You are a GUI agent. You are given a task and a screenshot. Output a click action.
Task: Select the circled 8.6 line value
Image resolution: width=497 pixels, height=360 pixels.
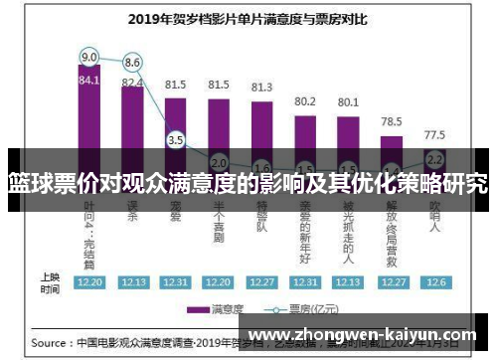[x=132, y=63]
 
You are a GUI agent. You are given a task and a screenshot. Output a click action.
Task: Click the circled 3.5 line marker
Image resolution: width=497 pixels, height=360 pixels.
[x=176, y=140]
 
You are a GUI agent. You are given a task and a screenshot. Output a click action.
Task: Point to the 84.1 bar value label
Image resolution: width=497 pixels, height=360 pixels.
[x=89, y=81]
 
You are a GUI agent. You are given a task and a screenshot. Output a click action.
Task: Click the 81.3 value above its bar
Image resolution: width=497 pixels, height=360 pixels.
[x=261, y=88]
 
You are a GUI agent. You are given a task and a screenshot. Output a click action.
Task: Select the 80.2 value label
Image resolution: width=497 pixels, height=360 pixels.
[x=305, y=100]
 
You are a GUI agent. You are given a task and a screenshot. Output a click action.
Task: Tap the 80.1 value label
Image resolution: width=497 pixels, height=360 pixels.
[x=348, y=101]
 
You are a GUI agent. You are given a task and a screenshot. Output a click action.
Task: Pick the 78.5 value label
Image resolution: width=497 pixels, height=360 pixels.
[x=392, y=120]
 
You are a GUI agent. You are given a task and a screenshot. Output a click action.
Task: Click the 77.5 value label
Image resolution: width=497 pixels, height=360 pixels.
[x=434, y=133]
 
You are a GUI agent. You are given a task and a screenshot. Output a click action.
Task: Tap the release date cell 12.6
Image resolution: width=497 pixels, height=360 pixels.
[x=434, y=282]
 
